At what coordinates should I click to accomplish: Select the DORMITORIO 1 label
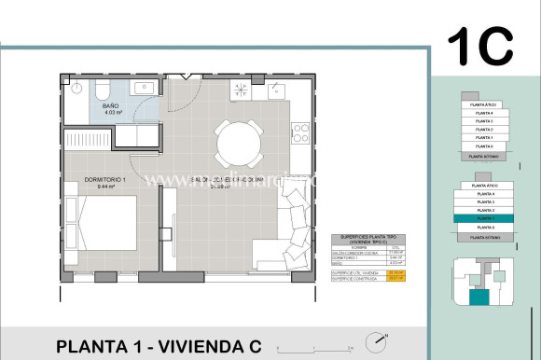[x=90, y=181]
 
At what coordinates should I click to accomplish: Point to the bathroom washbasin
[x=144, y=89]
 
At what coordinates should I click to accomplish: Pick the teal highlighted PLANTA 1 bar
[x=483, y=218]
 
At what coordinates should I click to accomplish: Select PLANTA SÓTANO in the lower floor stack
[x=483, y=238]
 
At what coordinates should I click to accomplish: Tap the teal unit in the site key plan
[x=479, y=297]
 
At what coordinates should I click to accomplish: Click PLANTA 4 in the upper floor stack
[x=483, y=113]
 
